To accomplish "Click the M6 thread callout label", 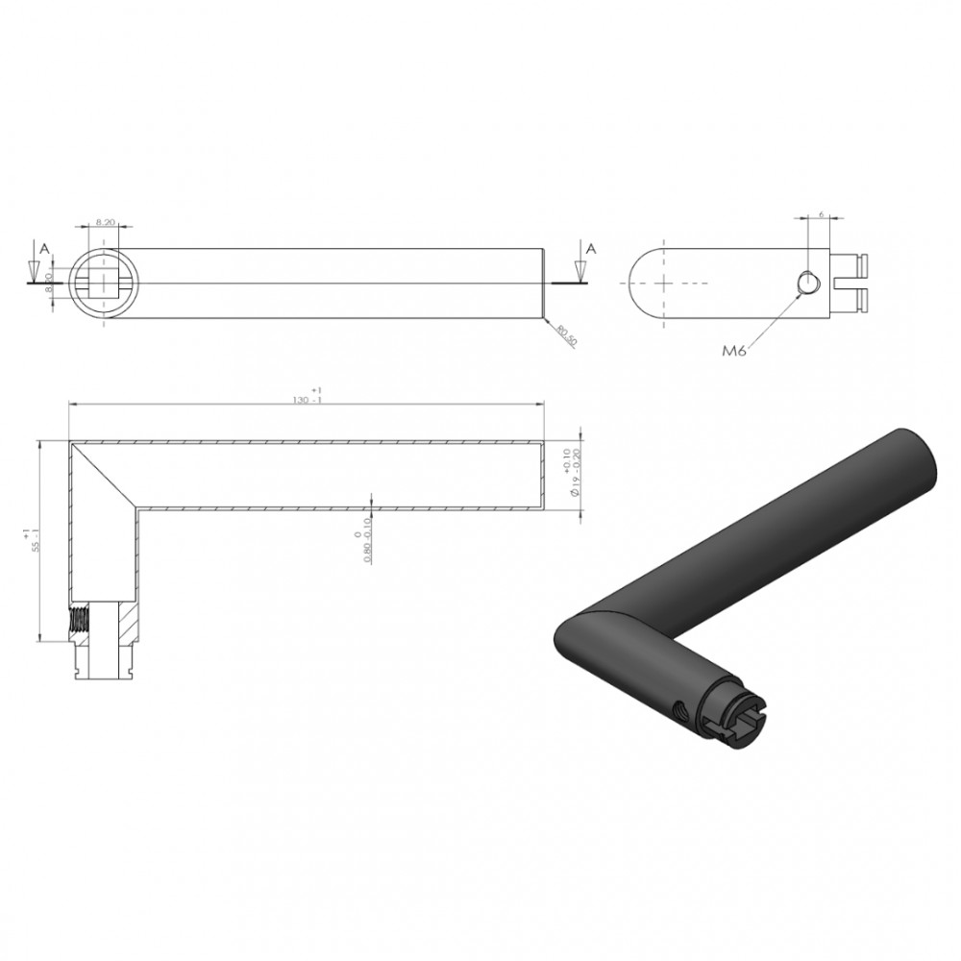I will [735, 352].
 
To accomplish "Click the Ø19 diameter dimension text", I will [574, 473].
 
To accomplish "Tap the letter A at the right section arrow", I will [591, 248].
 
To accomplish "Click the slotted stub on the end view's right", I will [851, 283].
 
